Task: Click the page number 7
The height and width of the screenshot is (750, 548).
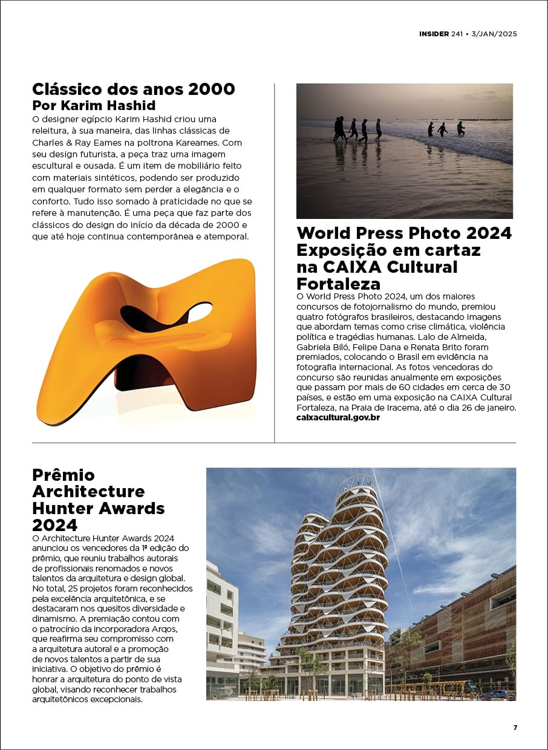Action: [515, 728]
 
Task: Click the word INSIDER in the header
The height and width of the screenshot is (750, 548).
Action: [434, 34]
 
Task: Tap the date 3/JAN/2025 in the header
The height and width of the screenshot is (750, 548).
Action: [494, 34]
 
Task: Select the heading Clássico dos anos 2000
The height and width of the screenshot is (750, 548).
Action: [134, 89]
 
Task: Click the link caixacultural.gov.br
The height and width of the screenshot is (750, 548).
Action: [338, 417]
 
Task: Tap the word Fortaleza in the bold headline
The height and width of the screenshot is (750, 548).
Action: [339, 284]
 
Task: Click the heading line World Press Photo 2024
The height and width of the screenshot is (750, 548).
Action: [404, 233]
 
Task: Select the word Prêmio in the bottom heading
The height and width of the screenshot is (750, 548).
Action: [64, 475]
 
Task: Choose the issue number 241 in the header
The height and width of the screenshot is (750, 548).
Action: [457, 34]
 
